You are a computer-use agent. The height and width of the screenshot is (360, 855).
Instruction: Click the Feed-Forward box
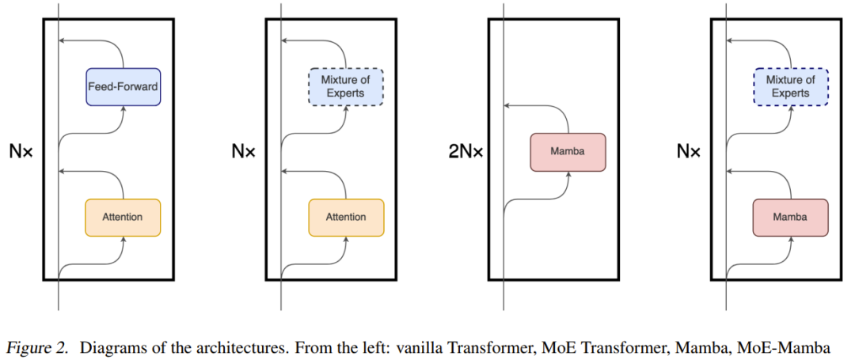pos(123,87)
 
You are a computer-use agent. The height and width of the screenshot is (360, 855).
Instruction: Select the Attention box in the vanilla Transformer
pos(123,217)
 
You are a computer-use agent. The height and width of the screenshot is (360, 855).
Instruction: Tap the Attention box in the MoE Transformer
pos(346,217)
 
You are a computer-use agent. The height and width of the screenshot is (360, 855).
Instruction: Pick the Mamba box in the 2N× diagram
pos(568,152)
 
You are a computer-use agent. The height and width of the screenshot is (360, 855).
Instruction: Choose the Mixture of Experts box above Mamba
pos(790,87)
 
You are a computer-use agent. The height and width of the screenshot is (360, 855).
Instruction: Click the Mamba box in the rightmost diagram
pos(791,217)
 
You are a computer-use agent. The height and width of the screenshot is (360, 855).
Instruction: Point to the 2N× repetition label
pos(465,152)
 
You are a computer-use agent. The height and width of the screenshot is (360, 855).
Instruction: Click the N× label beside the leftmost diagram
pos(21,151)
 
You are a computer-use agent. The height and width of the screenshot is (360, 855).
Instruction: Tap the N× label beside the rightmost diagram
pos(689,151)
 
